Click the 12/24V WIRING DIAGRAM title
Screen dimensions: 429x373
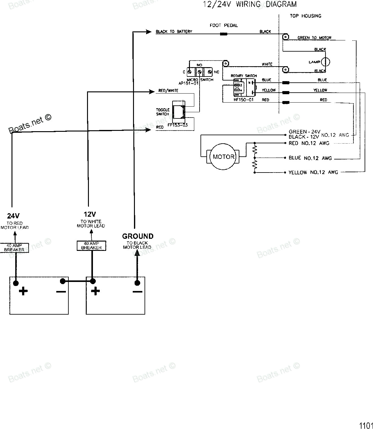(250, 4)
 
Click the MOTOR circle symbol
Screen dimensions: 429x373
(223, 157)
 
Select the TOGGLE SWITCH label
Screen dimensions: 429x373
(163, 112)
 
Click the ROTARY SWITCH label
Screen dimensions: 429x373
(244, 76)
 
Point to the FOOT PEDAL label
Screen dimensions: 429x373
(223, 25)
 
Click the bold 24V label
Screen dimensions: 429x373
(14, 215)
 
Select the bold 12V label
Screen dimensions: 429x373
(90, 214)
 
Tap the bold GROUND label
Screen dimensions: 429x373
(138, 236)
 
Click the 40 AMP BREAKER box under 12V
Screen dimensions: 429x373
(91, 246)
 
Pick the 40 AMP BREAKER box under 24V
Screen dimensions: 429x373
(14, 247)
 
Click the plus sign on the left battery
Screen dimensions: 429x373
(23, 291)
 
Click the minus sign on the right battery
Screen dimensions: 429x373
(137, 292)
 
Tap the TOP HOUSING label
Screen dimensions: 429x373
(305, 16)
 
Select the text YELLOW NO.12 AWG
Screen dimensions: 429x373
(313, 172)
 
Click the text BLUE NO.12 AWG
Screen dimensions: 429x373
(310, 158)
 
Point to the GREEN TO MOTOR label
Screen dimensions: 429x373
(314, 38)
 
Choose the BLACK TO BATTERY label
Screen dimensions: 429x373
(174, 32)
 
